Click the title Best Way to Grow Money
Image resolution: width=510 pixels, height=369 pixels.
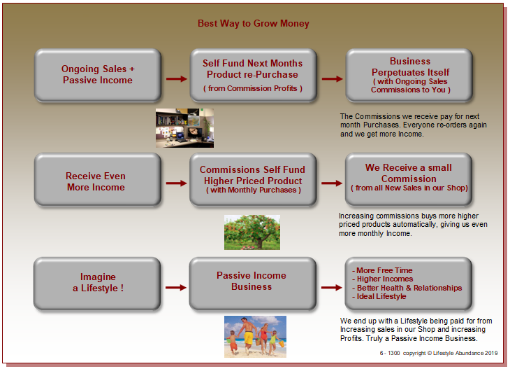click(x=254, y=24)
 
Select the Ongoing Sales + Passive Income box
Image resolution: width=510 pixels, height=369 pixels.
click(x=98, y=75)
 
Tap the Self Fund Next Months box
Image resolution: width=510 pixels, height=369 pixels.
click(x=253, y=75)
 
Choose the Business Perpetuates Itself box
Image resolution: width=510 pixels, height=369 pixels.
click(x=409, y=75)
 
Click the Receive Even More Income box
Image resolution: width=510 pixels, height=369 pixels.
click(x=98, y=180)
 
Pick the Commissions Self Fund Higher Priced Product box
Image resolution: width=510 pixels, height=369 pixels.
click(x=253, y=180)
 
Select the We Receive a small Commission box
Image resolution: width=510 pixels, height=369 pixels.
click(x=409, y=180)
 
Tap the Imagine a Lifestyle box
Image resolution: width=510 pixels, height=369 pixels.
click(x=97, y=284)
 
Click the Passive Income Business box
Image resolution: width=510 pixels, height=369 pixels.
click(x=252, y=284)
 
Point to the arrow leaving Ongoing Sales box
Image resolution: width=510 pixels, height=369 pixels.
click(x=177, y=79)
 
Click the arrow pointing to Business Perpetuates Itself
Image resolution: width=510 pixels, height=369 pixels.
click(x=332, y=79)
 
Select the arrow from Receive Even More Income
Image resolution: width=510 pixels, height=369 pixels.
click(x=176, y=183)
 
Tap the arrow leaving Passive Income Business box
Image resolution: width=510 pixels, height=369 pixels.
click(x=331, y=288)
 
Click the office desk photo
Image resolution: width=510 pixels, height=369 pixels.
click(x=184, y=128)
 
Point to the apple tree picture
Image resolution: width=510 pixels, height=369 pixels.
click(x=252, y=232)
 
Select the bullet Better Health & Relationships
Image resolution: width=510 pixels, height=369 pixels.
click(x=407, y=288)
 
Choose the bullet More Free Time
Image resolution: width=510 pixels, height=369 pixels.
click(x=382, y=270)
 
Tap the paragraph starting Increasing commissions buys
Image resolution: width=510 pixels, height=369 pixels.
click(x=413, y=225)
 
